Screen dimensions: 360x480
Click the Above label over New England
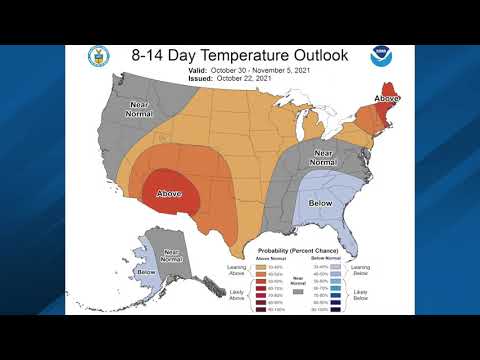coord(386,98)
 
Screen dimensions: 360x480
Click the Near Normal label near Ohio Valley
coord(320,157)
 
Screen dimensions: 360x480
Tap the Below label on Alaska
coord(146,271)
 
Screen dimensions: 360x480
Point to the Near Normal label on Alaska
coord(171,256)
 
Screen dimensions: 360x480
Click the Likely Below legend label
coord(360,295)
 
